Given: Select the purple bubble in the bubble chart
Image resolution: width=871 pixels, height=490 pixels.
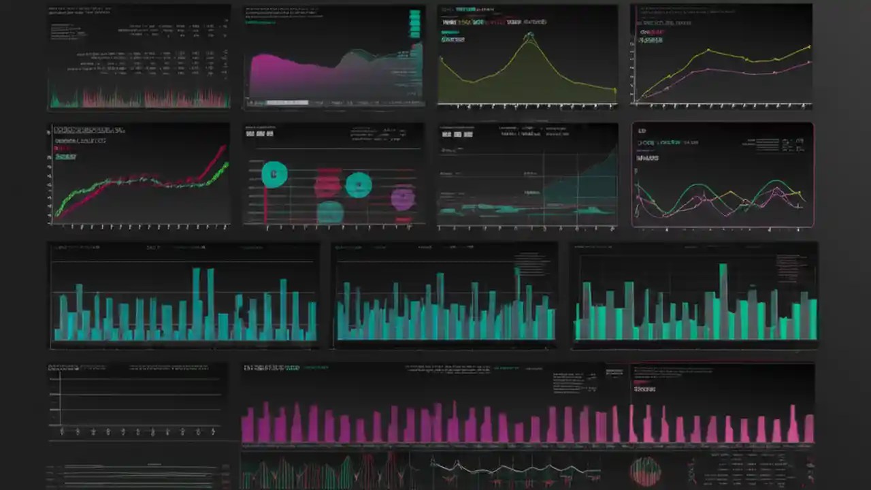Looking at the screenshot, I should coord(403,198).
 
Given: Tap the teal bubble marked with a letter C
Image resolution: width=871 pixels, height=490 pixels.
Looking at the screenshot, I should coord(274,174).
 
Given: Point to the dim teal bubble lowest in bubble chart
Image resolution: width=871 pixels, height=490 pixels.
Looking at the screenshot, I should coord(330,211).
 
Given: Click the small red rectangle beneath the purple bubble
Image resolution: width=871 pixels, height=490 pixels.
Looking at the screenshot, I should coord(403,220).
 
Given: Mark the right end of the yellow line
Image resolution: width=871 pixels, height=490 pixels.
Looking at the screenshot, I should coord(810,46).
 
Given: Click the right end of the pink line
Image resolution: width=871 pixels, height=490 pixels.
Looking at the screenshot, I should coord(810,62).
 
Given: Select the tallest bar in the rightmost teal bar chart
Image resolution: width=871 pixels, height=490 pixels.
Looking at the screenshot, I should coord(723,299).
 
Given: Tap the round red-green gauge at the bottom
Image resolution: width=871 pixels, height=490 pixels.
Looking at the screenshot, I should coord(645,471).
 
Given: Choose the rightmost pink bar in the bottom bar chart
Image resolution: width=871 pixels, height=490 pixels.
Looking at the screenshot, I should coord(809,429).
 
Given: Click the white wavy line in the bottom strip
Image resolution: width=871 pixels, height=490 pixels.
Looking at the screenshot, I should coord(510,468).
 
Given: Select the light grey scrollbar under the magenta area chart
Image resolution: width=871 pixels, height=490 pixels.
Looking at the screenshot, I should coord(286,102).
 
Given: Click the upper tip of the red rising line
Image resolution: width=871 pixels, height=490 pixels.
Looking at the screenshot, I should coord(225,146).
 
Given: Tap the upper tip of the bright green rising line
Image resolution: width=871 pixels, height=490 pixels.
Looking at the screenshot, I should coord(227,163).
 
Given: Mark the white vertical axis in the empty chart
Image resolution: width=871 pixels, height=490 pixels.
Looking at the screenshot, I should coord(61,398).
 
